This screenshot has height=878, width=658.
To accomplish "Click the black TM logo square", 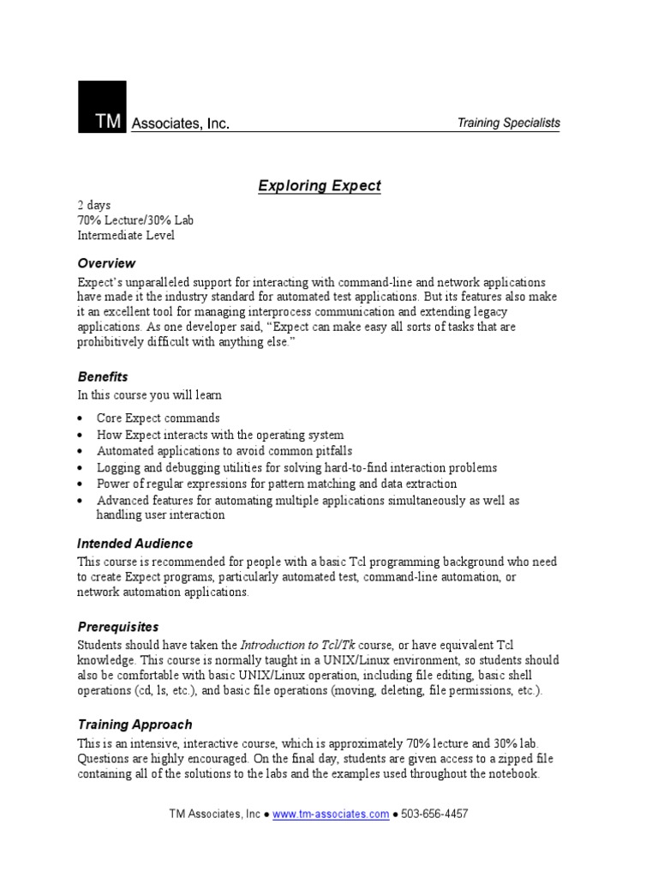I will click(102, 107).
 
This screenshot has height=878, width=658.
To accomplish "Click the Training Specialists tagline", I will click(508, 123).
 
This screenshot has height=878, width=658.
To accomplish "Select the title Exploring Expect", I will click(320, 186).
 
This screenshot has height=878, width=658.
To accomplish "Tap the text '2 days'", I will click(94, 206).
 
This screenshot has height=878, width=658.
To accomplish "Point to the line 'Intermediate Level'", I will click(126, 235).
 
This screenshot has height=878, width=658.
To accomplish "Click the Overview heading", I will click(106, 263).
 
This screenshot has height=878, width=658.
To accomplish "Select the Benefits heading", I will click(103, 376).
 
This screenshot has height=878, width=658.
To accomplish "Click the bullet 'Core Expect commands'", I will click(158, 418).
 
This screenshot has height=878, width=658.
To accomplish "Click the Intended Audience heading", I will click(135, 544).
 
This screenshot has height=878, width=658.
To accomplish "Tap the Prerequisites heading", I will click(117, 627).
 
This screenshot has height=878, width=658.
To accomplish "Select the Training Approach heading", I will click(135, 725).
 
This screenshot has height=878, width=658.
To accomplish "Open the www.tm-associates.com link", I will click(330, 815).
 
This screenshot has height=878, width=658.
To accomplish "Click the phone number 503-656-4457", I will click(434, 815).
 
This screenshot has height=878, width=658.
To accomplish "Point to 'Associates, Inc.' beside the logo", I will click(180, 124).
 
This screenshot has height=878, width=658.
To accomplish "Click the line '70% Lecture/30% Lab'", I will click(135, 220).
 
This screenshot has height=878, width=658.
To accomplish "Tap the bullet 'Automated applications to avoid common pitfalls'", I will click(224, 451).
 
